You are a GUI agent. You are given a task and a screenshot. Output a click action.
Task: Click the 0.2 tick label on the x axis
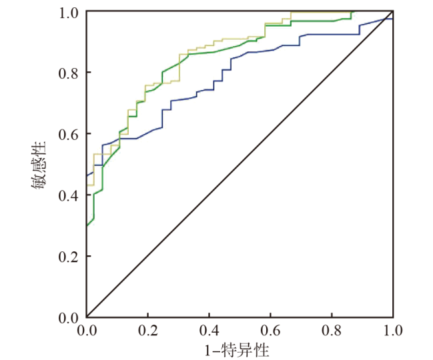147,330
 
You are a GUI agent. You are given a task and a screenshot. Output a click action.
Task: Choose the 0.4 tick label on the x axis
209,330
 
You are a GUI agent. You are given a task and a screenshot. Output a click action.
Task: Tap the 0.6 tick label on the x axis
270,330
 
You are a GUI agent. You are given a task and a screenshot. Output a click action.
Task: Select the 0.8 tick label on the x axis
332,330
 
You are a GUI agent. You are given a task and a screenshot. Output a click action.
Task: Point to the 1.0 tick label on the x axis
392,330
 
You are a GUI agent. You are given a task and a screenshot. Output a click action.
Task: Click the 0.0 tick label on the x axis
87,330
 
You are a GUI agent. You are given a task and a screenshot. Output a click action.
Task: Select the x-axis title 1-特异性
239,348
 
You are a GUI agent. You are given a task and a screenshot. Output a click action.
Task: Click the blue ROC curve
267,52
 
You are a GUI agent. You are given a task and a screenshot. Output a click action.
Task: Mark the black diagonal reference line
240,165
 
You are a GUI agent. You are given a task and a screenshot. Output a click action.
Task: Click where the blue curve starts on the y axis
87,175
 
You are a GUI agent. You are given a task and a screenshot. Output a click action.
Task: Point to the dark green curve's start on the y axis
87,225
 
